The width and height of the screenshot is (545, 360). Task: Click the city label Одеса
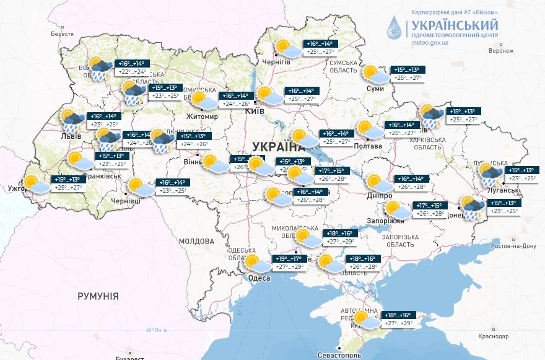click(258, 278)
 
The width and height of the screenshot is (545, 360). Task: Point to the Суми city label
click(375, 89)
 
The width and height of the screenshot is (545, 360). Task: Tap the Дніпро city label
click(379, 195)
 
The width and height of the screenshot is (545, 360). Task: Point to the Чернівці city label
click(126, 201)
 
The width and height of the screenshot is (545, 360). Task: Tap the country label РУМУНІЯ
click(98, 297)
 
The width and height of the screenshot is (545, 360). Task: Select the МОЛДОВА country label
click(196, 240)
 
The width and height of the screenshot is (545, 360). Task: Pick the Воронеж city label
click(502, 51)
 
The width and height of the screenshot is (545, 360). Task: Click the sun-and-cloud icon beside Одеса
click(255, 263)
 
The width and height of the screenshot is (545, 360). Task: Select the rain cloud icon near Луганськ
click(490, 175)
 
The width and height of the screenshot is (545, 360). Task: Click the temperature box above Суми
click(406, 74)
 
